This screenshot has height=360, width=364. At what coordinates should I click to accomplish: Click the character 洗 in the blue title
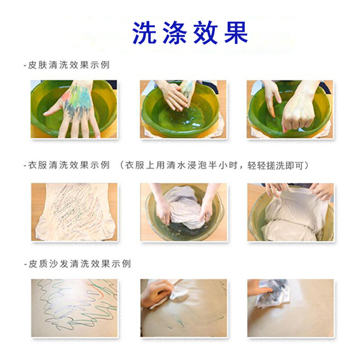click(x=144, y=33)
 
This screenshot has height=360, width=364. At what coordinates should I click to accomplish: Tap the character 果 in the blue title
click(x=236, y=33)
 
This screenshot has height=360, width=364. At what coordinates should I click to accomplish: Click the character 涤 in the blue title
click(x=175, y=33)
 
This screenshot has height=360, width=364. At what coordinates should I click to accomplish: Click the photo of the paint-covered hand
click(x=74, y=109)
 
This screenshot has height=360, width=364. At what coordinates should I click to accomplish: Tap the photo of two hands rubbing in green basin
click(x=183, y=109)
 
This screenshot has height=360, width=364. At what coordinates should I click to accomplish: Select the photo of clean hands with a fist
click(x=290, y=109)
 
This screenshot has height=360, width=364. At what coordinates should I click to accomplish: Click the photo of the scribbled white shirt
click(x=74, y=212)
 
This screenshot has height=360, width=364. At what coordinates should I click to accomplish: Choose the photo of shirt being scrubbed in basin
click(x=183, y=212)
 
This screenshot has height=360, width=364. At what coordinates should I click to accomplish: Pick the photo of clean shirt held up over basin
click(x=290, y=212)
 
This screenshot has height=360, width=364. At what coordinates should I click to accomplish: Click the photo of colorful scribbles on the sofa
click(x=74, y=308)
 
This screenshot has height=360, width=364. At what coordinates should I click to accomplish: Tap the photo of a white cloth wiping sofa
click(x=183, y=308)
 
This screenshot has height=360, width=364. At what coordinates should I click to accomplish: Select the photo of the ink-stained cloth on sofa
click(x=290, y=308)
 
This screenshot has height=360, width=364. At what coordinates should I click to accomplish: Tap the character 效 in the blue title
click(x=205, y=33)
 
